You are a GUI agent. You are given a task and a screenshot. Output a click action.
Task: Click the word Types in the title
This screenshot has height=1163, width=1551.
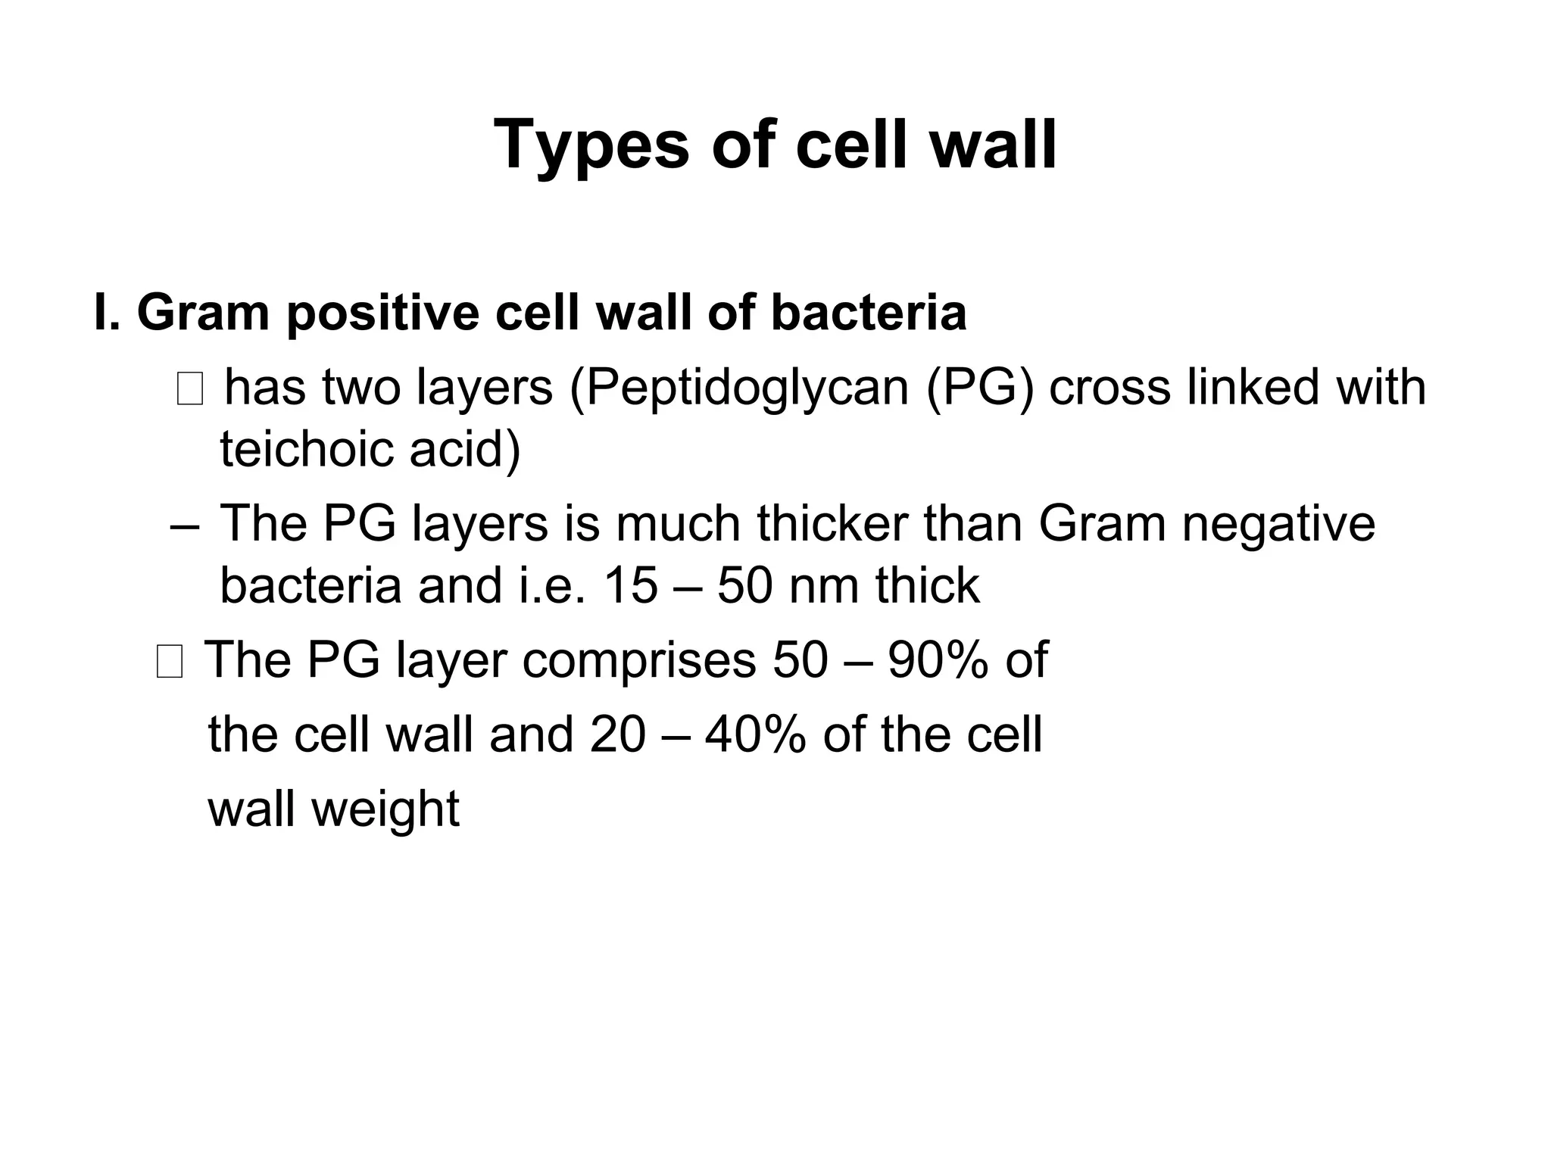coord(591,145)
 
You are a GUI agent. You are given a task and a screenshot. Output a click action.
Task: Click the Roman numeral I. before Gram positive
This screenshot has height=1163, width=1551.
coord(108,313)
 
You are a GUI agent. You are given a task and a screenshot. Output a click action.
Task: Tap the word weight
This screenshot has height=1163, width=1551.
coord(385,810)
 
